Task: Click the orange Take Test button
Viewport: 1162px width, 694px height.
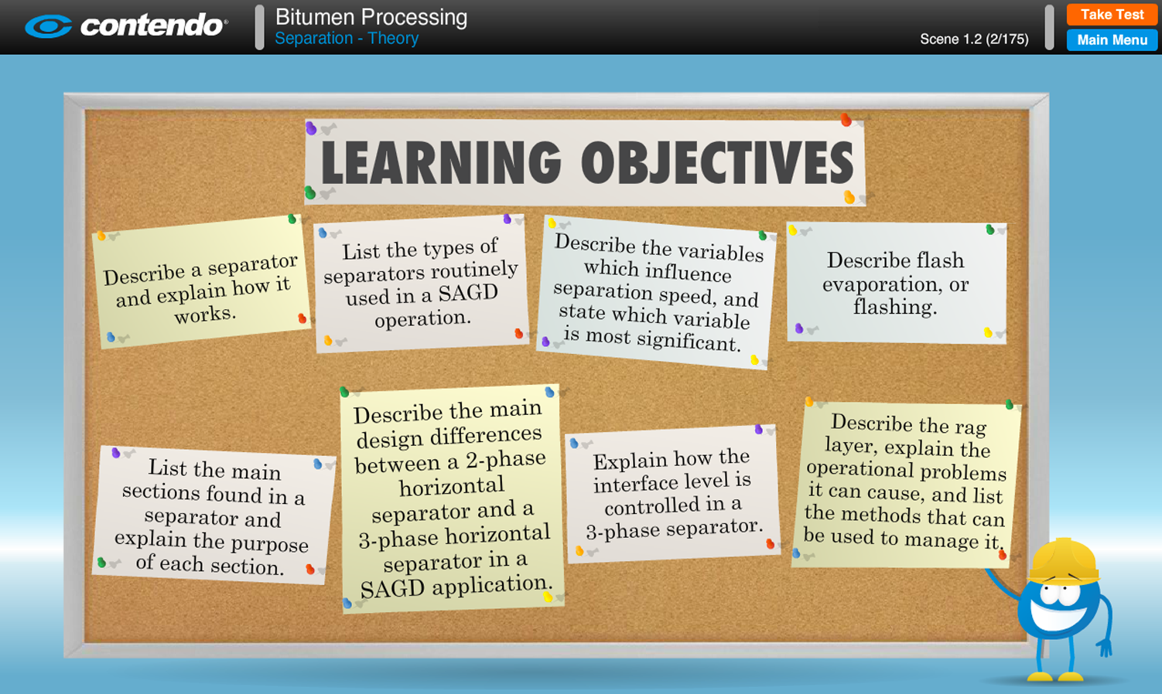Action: point(1112,15)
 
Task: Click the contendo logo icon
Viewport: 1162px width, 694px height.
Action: point(48,26)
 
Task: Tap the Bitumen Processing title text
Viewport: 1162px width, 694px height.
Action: point(371,17)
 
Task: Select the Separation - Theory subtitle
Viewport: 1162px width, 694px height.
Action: point(347,39)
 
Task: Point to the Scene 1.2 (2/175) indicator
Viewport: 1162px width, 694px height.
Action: point(974,39)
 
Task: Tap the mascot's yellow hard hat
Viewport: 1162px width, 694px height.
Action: point(1063,562)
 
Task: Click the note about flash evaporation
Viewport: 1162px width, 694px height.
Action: point(897,283)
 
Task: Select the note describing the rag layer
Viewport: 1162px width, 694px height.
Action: point(906,485)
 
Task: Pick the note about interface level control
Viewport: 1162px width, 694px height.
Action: point(672,494)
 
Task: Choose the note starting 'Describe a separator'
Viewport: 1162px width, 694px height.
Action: point(201,282)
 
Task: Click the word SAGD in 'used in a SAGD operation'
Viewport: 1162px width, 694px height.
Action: point(468,293)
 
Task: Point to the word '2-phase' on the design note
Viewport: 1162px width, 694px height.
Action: point(506,460)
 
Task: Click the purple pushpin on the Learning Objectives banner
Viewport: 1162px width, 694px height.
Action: point(311,128)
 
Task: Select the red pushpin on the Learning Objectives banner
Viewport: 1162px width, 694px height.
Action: point(846,120)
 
